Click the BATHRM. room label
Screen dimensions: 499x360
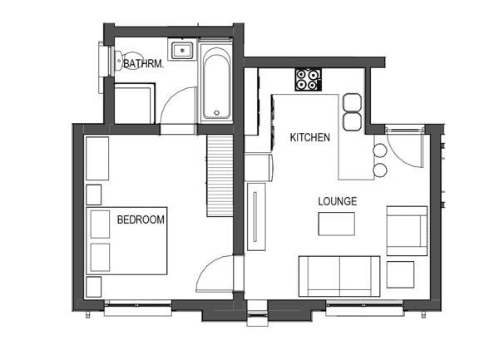coord(143,64)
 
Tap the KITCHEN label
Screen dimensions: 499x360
coord(309,137)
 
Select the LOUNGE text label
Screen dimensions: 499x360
coord(338,201)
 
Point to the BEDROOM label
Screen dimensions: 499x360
coord(141,219)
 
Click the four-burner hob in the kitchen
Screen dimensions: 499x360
coord(308,80)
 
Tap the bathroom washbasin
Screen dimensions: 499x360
coord(182,51)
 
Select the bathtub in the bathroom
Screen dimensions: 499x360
coord(217,82)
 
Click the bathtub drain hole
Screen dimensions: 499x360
coord(217,112)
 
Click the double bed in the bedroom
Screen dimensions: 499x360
coord(126,241)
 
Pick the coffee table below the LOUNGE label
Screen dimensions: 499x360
coord(336,224)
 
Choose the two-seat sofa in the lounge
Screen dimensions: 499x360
coord(339,276)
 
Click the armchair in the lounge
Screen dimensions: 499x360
coord(407,231)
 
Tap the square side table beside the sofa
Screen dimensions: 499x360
coord(400,274)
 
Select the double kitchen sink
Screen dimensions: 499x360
coord(352,111)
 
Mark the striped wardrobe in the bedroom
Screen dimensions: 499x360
coord(220,176)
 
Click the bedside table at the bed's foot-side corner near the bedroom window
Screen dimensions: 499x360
coord(93,287)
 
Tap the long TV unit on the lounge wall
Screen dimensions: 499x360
coord(256,216)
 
